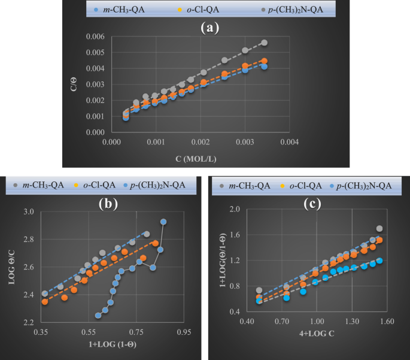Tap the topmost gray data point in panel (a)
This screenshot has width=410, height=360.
(264, 43)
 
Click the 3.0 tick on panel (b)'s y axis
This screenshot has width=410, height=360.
(28, 212)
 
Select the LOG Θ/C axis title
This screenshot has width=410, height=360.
(11, 267)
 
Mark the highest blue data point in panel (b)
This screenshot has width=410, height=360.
(163, 222)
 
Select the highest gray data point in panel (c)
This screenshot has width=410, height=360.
(379, 229)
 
